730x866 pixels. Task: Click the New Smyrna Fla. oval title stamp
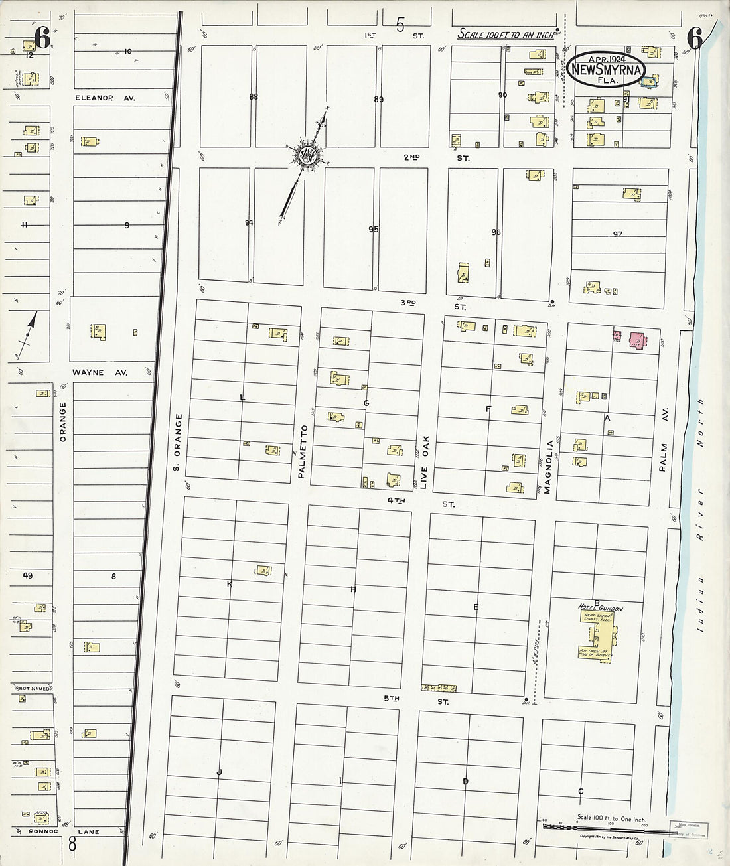(605, 70)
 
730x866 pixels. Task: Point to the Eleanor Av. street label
(105, 98)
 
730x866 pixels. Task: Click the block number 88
(254, 97)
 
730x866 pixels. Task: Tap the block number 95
(374, 230)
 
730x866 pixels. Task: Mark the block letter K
(230, 585)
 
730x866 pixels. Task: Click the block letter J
(218, 772)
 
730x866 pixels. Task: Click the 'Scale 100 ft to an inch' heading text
(506, 35)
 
